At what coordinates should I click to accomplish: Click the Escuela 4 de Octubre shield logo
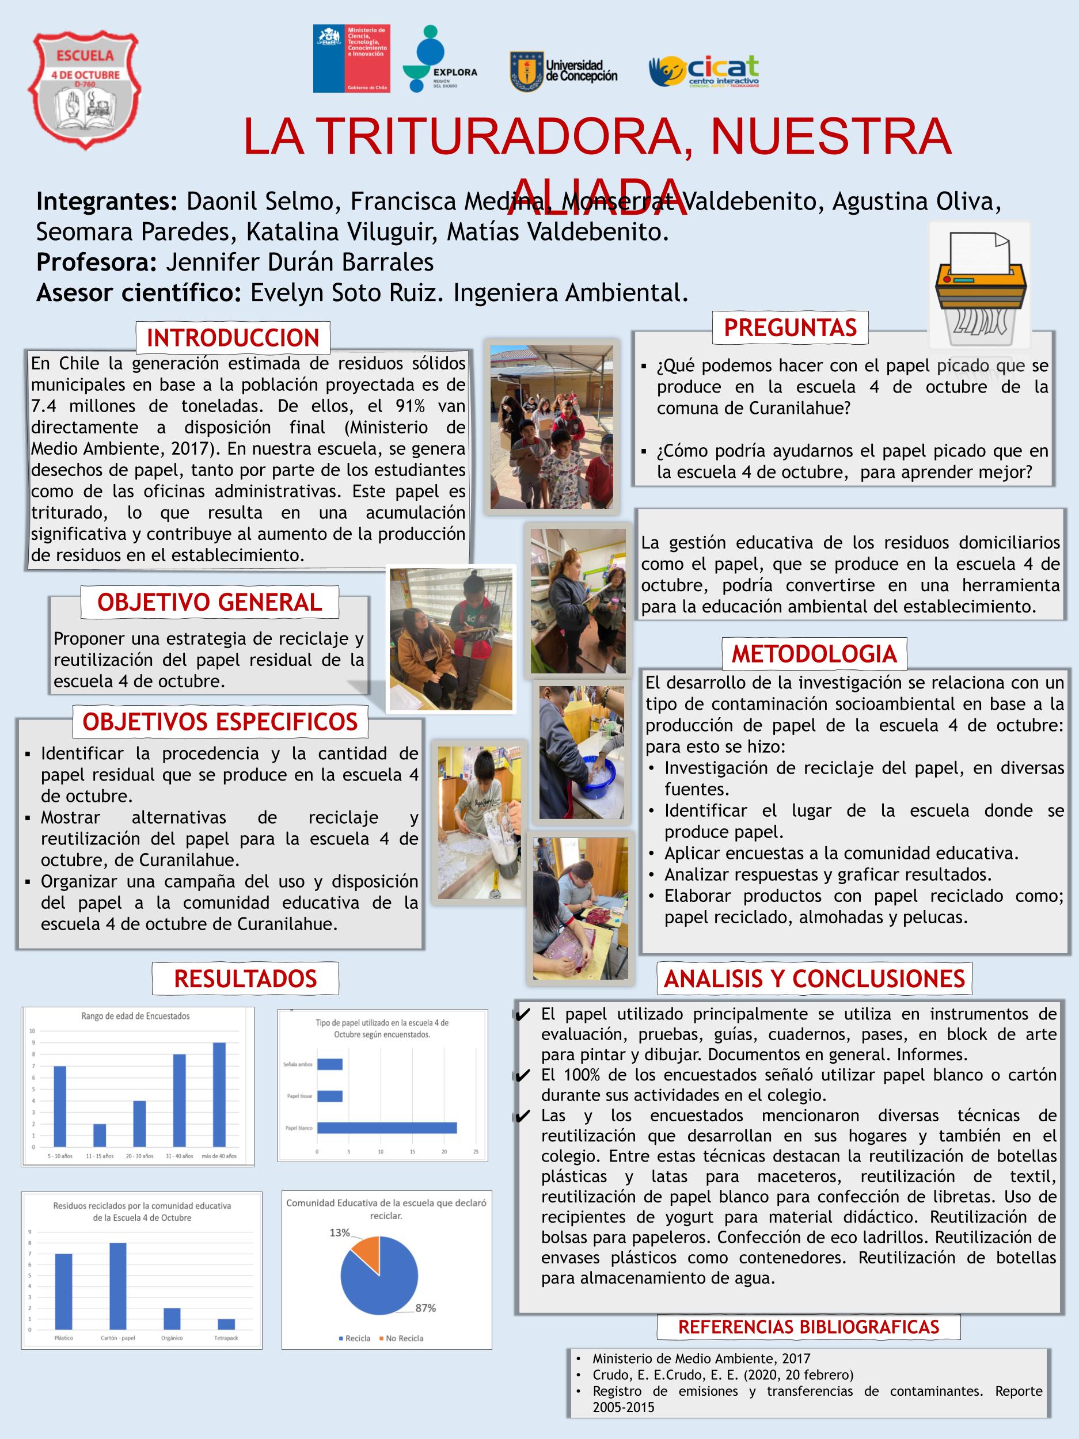(83, 90)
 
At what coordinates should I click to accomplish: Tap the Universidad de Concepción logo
(564, 71)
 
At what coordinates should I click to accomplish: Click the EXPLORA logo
(440, 59)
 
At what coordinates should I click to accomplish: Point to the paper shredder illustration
(979, 285)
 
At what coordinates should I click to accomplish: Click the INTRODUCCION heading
(233, 338)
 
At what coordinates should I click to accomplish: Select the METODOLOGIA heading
(814, 654)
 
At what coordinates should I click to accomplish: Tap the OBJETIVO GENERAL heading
(210, 603)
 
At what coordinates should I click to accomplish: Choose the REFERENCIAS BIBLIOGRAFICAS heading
(809, 1327)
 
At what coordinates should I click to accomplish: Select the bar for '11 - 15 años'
(100, 1135)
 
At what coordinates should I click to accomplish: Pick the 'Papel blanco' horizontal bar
(386, 1128)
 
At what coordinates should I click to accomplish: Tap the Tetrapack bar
(226, 1324)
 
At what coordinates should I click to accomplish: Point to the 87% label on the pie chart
(425, 1308)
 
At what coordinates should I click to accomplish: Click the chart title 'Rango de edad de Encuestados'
(135, 1015)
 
